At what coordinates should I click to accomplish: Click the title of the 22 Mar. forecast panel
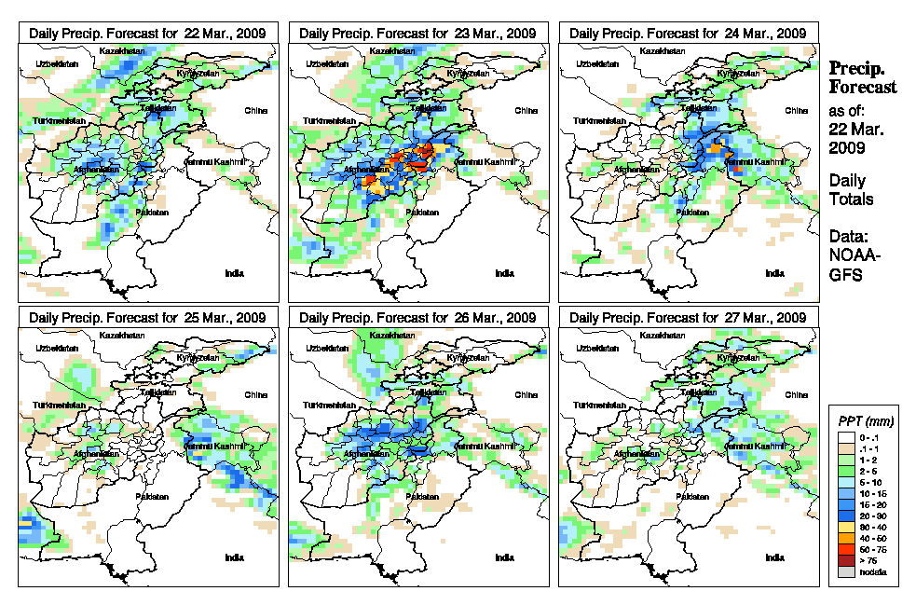click(x=147, y=33)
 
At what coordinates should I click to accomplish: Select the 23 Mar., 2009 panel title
click(x=417, y=33)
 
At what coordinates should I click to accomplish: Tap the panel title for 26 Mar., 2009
click(x=417, y=318)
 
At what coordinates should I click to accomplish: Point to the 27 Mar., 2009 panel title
click(x=688, y=318)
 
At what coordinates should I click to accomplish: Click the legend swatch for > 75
click(x=846, y=560)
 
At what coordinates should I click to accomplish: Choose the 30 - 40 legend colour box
click(x=846, y=527)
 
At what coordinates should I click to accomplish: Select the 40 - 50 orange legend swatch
click(x=846, y=538)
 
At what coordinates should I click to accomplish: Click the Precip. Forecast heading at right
click(x=863, y=77)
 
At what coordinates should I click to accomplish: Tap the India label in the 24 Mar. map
click(x=773, y=273)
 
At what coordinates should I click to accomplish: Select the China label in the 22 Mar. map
click(x=255, y=110)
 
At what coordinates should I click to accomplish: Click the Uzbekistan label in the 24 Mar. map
click(x=596, y=63)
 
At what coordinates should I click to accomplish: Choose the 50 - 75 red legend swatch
click(x=846, y=549)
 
